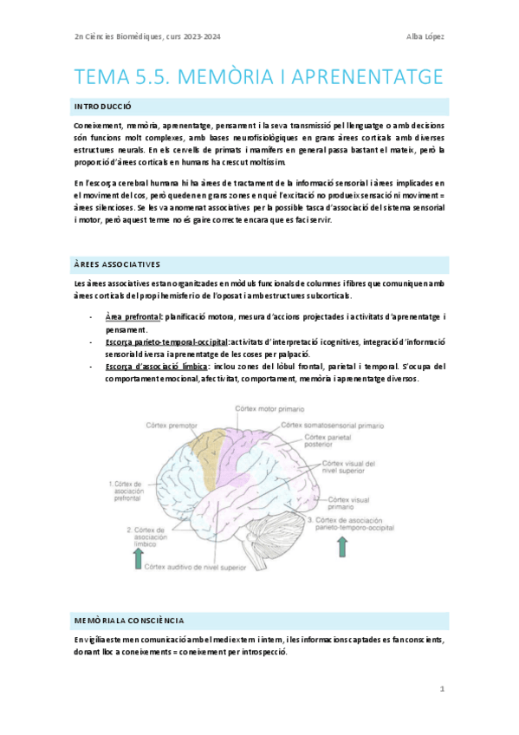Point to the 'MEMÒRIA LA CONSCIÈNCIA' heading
129,621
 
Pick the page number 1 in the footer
442,690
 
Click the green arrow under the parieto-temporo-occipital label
343,546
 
